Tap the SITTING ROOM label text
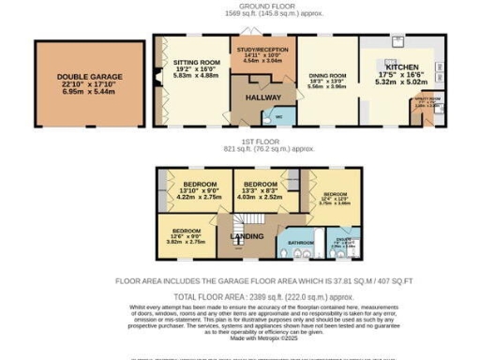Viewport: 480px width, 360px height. (x=196, y=62)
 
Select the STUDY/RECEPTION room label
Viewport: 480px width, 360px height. (x=262, y=49)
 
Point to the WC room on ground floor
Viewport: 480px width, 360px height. (x=278, y=116)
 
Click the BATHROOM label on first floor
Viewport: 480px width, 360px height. (x=300, y=243)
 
